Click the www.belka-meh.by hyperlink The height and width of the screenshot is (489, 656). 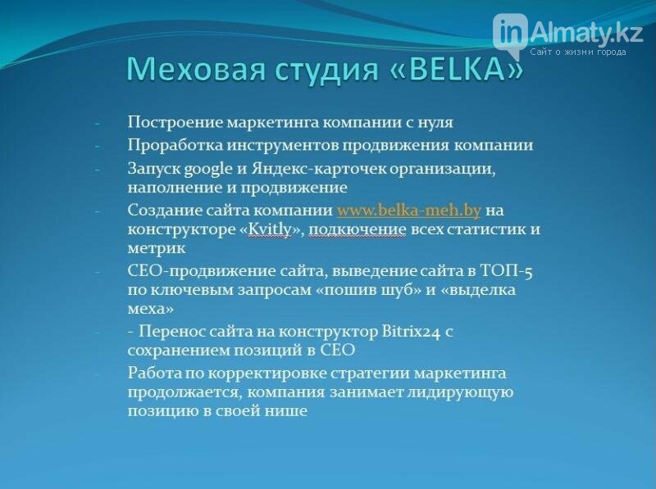[x=408, y=211]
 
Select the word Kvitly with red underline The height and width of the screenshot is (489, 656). [x=270, y=230]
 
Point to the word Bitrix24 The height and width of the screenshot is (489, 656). [x=411, y=332]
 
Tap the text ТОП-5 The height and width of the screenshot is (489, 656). [x=506, y=272]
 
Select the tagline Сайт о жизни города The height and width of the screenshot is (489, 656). [x=578, y=52]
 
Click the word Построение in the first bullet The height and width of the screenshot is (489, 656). [x=175, y=123]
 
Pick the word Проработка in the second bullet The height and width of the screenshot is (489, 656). [x=175, y=146]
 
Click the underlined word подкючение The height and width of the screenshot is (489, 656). [x=358, y=230]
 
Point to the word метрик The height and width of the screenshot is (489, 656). [x=157, y=249]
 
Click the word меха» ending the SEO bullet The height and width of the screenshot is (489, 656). [x=151, y=310]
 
